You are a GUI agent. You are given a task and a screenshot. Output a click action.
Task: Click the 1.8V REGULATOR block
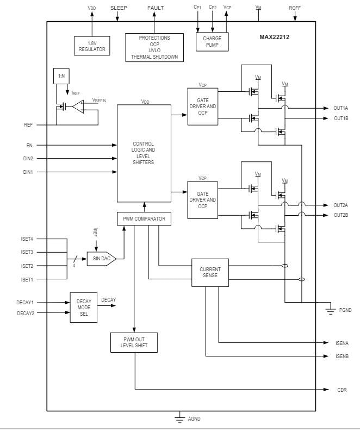pyautogui.click(x=92, y=45)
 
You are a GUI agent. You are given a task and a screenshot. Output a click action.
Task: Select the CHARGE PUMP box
pyautogui.click(x=212, y=42)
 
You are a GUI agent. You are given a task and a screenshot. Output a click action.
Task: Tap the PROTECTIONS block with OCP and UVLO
pyautogui.click(x=154, y=48)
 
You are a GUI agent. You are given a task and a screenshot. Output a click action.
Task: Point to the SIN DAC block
pyautogui.click(x=101, y=259)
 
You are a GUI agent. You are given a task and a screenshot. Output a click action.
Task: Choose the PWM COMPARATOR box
pyautogui.click(x=144, y=219)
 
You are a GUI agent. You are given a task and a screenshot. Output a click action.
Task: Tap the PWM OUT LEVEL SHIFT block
pyautogui.click(x=134, y=342)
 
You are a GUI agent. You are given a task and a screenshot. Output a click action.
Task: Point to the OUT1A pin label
pyautogui.click(x=340, y=109)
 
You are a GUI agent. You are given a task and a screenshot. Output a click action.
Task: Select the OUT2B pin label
pyautogui.click(x=340, y=215)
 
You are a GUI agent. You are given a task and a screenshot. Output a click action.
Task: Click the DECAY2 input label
pyautogui.click(x=25, y=313)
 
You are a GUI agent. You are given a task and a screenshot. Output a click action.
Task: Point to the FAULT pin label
pyautogui.click(x=155, y=8)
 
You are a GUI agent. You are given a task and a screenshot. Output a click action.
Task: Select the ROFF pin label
pyautogui.click(x=295, y=8)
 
